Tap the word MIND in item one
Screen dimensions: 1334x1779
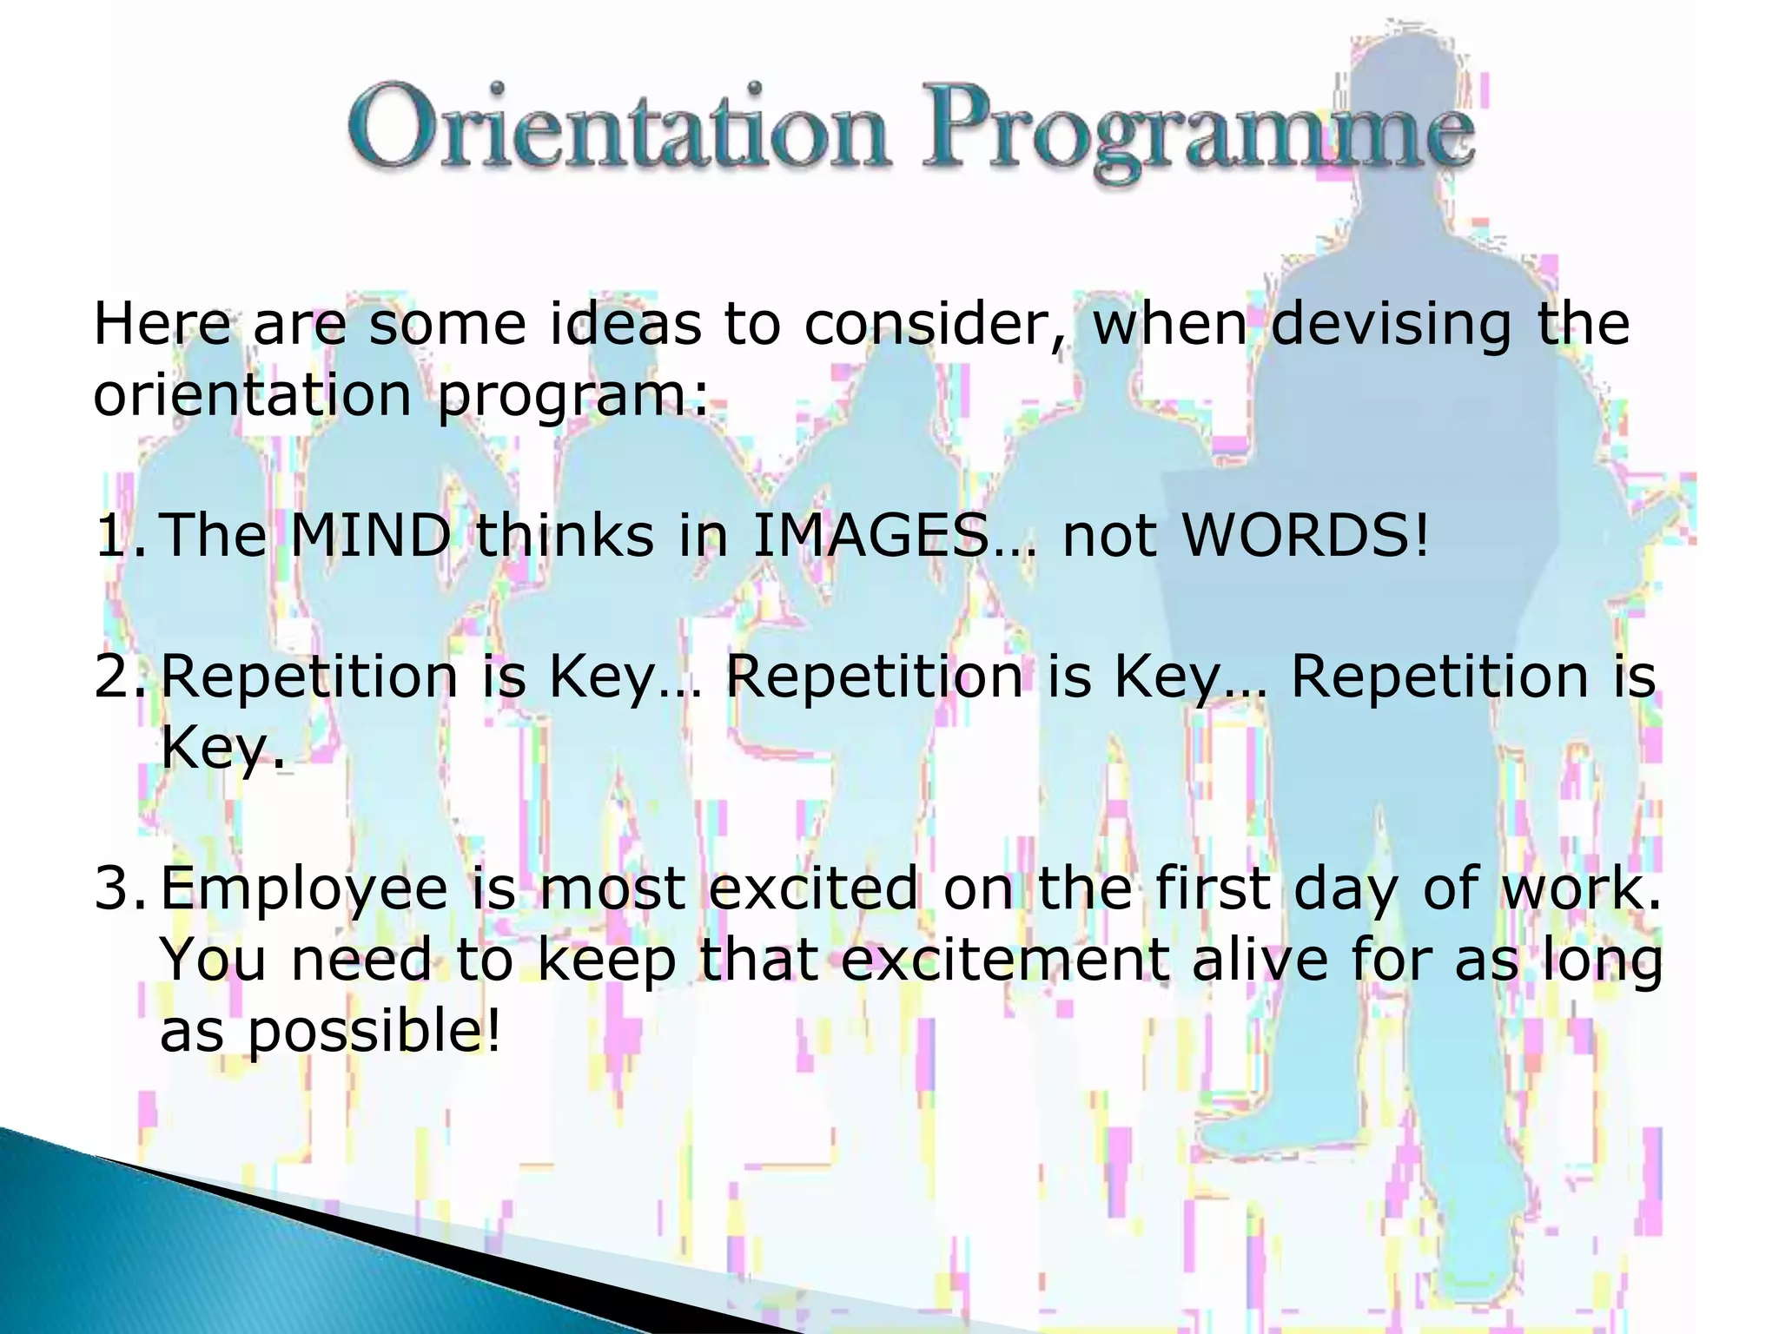(370, 535)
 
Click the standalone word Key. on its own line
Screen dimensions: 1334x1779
(222, 748)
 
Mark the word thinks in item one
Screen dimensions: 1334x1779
(565, 535)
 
